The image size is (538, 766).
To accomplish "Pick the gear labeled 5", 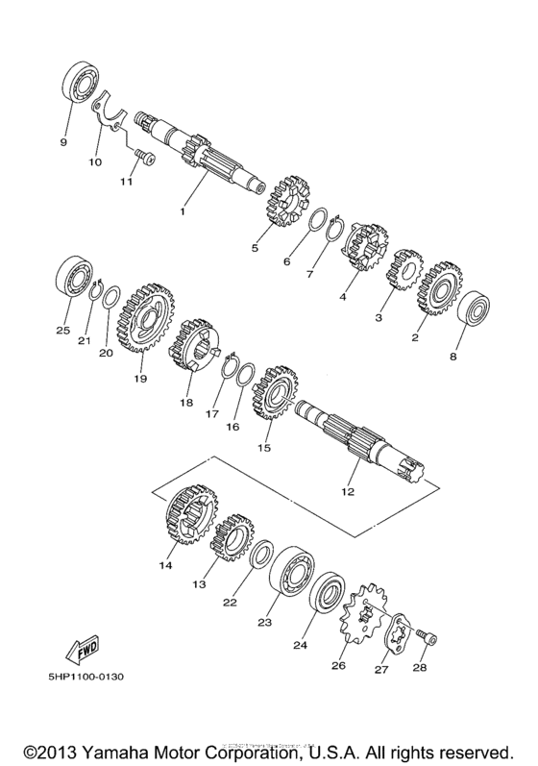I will point(279,202).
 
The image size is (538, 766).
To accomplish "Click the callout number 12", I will point(348,491).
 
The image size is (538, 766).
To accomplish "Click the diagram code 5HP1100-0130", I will point(82,676).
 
